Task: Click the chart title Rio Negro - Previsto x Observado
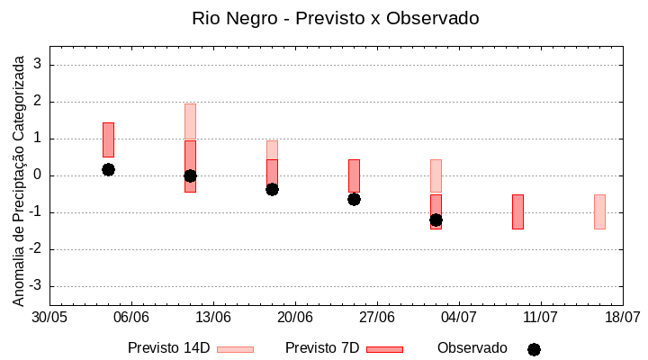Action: click(335, 18)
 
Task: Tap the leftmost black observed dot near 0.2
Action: click(108, 169)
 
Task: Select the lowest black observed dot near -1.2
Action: click(436, 220)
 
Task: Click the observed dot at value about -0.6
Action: click(354, 199)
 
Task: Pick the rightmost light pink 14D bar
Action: click(599, 211)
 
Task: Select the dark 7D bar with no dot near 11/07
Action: click(517, 211)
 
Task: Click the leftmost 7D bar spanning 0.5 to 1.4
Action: click(108, 139)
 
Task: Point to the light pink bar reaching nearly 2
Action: click(190, 121)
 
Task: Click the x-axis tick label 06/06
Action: click(131, 317)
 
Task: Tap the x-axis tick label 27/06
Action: click(377, 317)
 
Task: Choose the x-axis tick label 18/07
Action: click(622, 317)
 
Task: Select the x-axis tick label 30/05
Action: click(49, 317)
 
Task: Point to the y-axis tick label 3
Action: click(39, 65)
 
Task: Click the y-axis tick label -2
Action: click(37, 249)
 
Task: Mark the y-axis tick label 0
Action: click(39, 175)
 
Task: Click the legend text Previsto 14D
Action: click(168, 347)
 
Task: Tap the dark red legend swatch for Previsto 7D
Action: click(384, 349)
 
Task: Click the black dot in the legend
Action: click(534, 349)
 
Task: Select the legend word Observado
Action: click(472, 347)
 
